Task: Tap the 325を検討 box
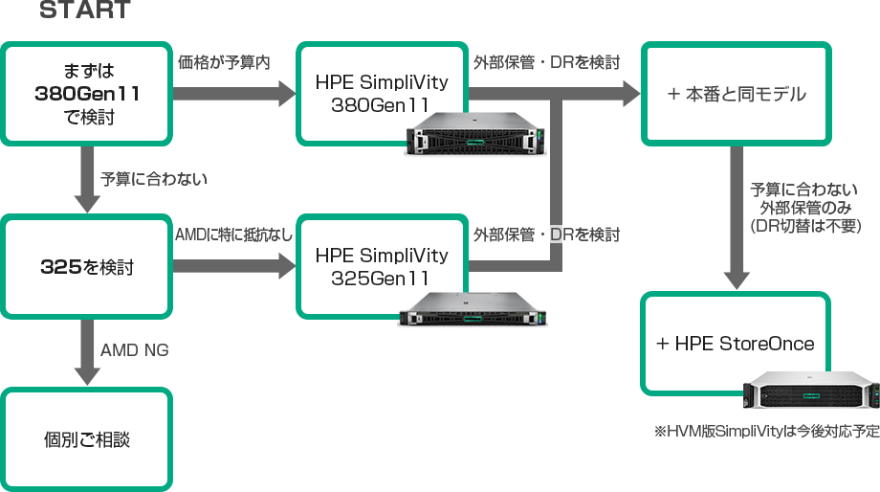(87, 267)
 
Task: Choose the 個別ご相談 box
(87, 439)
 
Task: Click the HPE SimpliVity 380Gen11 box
(381, 86)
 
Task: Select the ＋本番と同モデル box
(735, 94)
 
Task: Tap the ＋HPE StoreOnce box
(735, 344)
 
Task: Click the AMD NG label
(134, 350)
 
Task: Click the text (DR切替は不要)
(808, 227)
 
